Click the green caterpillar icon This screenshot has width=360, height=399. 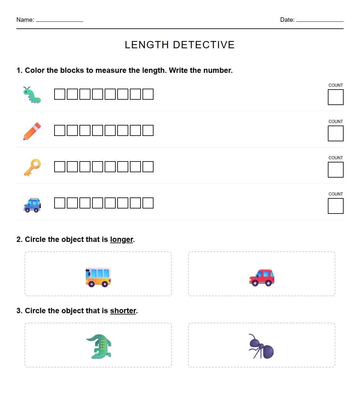point(32,95)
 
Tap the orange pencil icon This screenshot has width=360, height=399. point(32,131)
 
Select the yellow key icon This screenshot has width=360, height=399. point(32,167)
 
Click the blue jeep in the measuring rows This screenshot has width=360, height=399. point(32,205)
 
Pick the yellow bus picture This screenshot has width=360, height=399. point(98,277)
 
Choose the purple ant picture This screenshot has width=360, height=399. point(261,347)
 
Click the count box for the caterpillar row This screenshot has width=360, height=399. point(335,97)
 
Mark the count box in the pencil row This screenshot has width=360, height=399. point(335,133)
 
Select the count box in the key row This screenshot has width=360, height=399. point(335,170)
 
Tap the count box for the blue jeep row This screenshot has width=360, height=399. point(335,206)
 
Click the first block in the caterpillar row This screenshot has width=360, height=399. point(60,94)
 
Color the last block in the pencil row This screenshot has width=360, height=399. point(148,131)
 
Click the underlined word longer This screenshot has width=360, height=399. point(121,240)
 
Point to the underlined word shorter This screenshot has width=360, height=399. point(123,311)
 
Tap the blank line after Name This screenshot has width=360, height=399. point(60,21)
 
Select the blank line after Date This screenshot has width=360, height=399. point(320,21)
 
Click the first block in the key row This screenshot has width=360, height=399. point(60,167)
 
